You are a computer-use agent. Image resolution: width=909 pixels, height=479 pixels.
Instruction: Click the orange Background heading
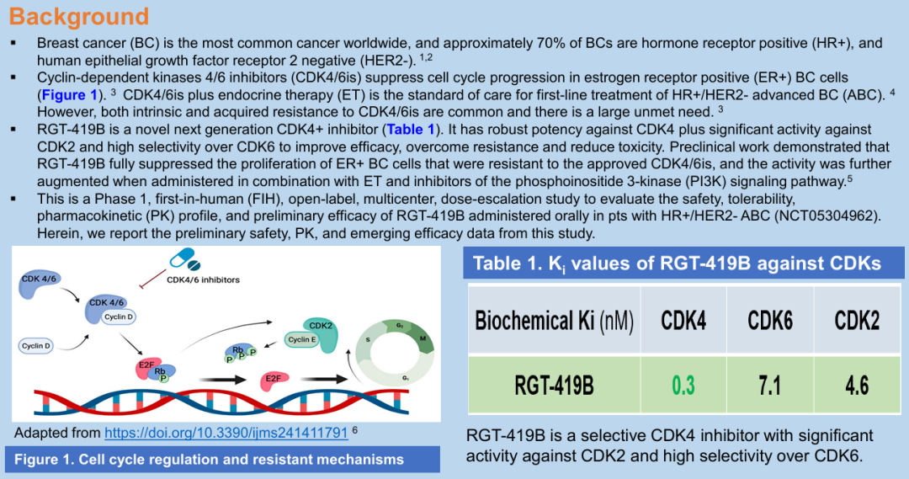79,16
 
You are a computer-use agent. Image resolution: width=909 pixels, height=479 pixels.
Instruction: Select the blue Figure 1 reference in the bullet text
70,94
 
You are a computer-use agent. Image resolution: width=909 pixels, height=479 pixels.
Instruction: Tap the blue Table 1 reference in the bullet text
411,130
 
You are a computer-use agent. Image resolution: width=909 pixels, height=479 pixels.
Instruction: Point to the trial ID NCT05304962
820,216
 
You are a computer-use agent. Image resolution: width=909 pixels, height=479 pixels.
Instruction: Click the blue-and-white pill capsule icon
185,259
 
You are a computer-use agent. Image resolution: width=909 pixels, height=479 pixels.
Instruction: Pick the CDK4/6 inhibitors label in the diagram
203,279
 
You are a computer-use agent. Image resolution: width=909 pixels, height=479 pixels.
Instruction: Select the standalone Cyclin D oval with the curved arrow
36,346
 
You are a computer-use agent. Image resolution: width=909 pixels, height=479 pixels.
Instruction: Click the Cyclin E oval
302,339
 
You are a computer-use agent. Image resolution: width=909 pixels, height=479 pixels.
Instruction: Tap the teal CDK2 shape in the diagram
321,334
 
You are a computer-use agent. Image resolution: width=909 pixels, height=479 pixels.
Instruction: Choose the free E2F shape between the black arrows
274,380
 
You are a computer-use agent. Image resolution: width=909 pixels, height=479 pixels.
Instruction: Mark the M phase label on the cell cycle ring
423,338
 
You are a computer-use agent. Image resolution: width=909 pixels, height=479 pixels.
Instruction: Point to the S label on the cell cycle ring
368,339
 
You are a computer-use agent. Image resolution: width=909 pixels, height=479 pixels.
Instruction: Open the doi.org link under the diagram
226,433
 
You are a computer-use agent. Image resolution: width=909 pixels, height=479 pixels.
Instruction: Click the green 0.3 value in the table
683,385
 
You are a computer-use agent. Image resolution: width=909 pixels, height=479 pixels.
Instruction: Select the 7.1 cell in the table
770,385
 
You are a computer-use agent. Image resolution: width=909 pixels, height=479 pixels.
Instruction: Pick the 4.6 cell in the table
857,385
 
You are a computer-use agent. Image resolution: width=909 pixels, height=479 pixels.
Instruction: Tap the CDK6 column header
770,320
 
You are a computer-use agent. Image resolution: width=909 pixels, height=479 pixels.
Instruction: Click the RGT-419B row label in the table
554,386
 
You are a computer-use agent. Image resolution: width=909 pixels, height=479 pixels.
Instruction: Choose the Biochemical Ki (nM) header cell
554,320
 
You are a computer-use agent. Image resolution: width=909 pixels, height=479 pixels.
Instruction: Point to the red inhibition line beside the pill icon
154,279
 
